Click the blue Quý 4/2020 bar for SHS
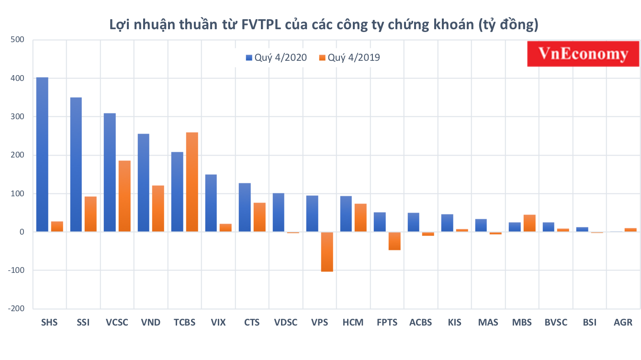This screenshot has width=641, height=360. point(42,155)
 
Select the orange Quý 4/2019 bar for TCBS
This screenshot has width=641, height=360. point(191,182)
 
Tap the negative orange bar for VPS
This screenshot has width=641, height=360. point(327,252)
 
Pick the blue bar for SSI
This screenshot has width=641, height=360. point(76,165)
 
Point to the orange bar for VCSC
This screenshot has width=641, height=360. point(124,196)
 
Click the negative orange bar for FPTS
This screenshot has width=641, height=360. point(394,241)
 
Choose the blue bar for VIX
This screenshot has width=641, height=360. point(211,203)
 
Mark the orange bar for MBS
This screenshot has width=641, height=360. point(529,223)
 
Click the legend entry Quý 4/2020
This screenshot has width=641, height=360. point(276,58)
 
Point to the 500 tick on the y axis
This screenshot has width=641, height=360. point(17,40)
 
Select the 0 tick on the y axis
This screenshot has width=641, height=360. point(22,232)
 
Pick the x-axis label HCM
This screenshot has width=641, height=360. point(353,322)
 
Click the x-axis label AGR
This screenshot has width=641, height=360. point(623,322)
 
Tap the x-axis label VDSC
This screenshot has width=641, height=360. point(285,322)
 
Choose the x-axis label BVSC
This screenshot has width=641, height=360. point(556,322)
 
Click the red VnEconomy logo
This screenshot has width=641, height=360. point(583,54)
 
